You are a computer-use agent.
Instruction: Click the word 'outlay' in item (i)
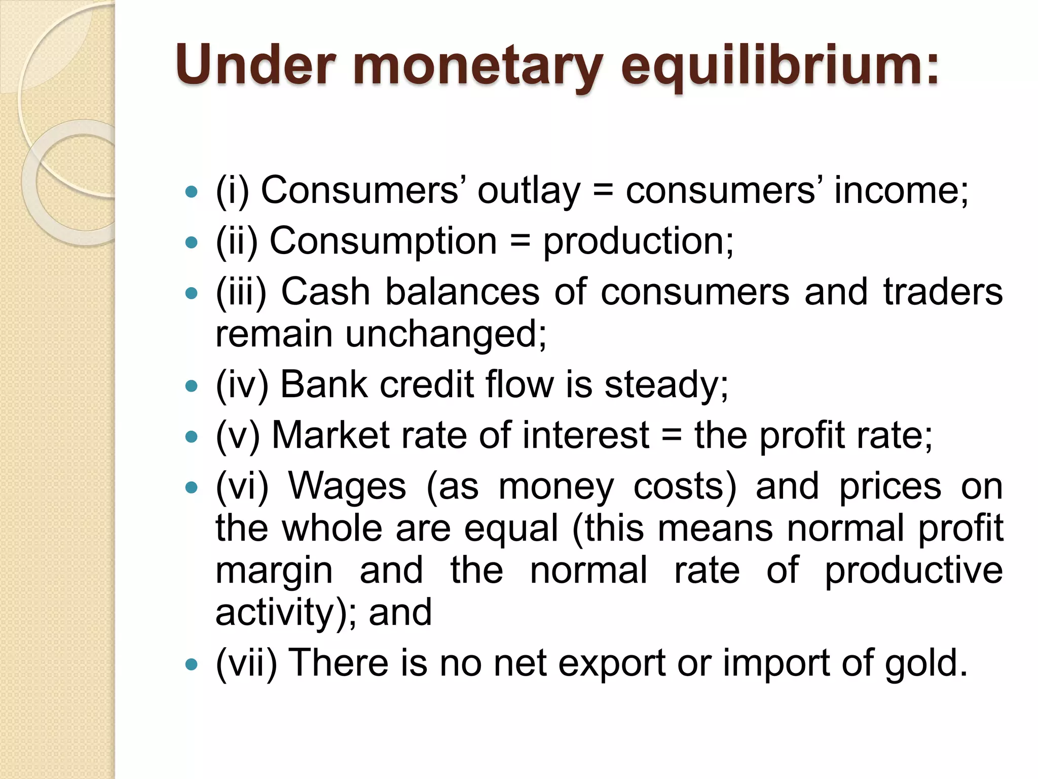[x=529, y=191]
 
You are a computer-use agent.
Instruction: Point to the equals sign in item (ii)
[x=520, y=241]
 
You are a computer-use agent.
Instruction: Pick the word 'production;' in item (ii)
[x=638, y=242]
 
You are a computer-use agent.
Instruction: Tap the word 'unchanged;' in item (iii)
[x=446, y=335]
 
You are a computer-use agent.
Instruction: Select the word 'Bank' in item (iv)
[x=323, y=384]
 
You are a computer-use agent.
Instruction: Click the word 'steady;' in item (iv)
[x=666, y=385]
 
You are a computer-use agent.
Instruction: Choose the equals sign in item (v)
[x=672, y=436]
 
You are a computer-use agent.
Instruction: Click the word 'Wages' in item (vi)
[x=347, y=486]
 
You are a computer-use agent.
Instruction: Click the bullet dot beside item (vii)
[x=191, y=664]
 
